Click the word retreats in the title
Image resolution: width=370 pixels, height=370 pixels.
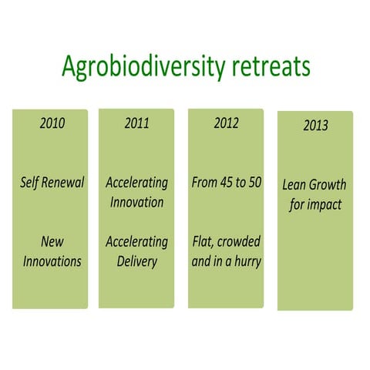(x=267, y=67)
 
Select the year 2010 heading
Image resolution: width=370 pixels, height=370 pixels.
(x=51, y=124)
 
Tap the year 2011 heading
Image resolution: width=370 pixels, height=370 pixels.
(x=136, y=124)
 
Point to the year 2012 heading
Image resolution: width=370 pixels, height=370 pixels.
(x=226, y=124)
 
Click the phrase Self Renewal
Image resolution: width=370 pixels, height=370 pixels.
(x=52, y=183)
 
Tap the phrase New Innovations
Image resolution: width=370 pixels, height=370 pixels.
(x=52, y=251)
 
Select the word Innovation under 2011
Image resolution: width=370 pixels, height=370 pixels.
(x=136, y=202)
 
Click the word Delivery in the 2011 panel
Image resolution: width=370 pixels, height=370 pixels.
(x=136, y=261)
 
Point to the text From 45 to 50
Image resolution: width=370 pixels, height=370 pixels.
(x=227, y=183)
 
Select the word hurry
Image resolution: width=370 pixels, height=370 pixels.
(x=244, y=261)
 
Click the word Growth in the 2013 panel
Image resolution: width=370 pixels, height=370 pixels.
(x=328, y=186)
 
